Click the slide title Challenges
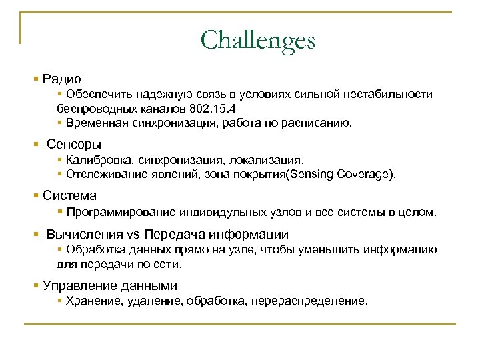click(257, 40)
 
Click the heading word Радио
click(62, 79)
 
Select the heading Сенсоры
click(74, 144)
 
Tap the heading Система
click(69, 196)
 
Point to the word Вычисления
click(85, 235)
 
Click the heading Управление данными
click(110, 286)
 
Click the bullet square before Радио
click(35, 79)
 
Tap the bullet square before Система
click(35, 197)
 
